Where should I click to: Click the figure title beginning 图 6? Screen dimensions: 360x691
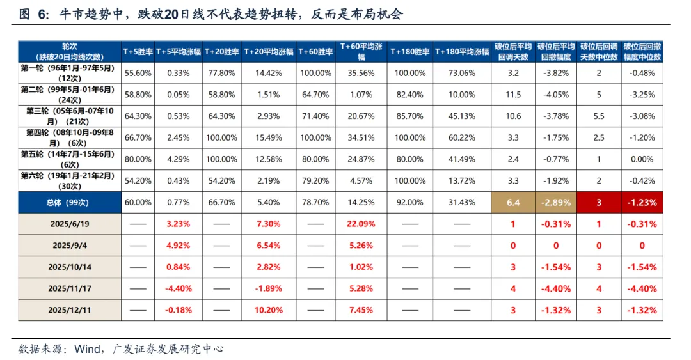[211, 14]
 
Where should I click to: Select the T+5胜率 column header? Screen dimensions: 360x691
[138, 51]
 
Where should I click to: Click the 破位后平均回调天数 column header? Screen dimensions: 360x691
[512, 51]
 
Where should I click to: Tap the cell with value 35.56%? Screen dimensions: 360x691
[361, 73]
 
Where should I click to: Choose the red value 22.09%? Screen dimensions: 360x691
[361, 224]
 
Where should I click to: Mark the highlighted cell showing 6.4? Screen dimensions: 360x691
[512, 202]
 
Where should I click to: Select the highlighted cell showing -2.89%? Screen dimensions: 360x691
[555, 202]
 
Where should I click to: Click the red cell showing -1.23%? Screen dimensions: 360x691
[642, 202]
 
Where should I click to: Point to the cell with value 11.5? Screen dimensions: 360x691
[512, 95]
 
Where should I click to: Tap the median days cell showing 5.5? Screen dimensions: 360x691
[599, 116]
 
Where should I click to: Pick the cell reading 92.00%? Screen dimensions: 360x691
[409, 202]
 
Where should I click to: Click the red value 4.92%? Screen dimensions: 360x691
[179, 245]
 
